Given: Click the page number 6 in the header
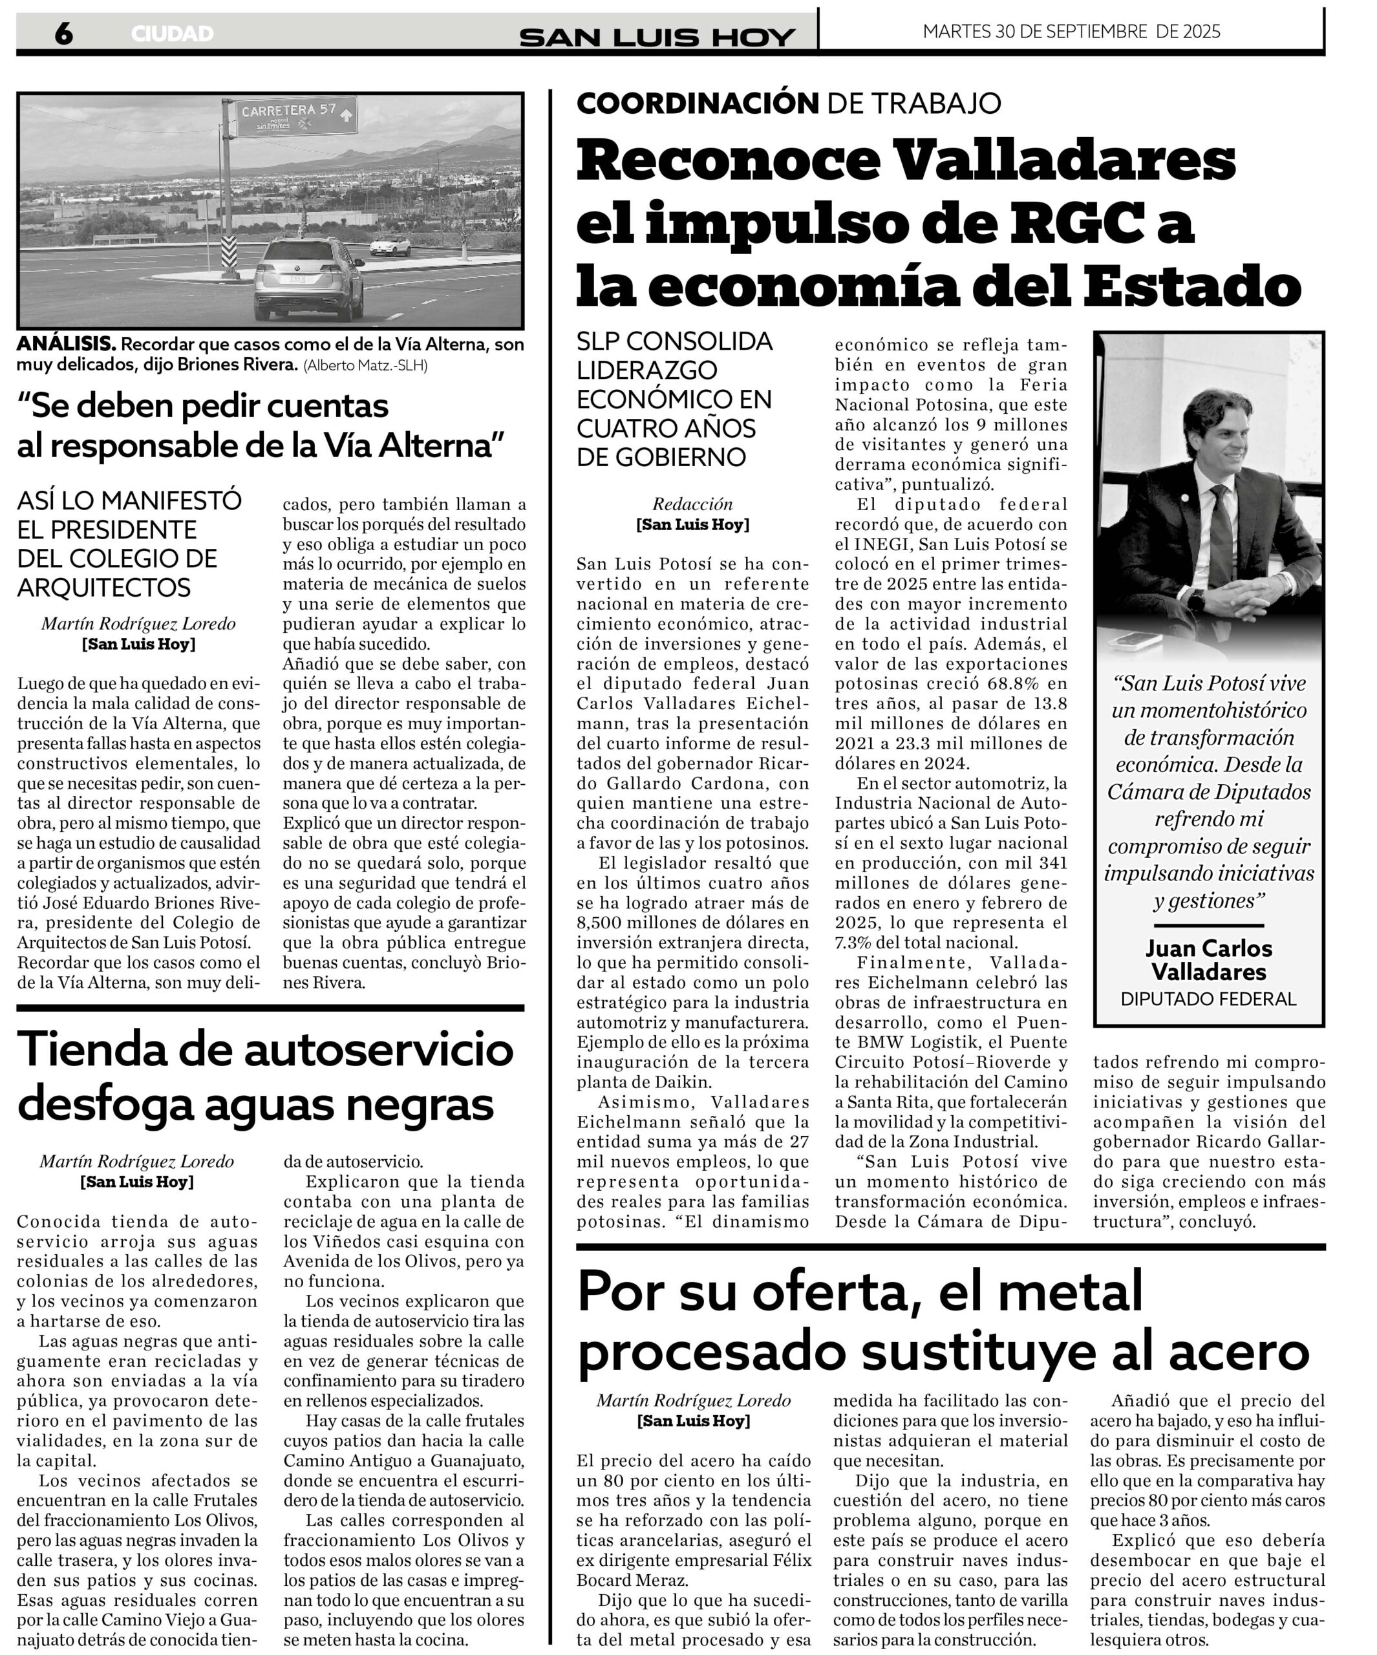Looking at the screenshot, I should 63,33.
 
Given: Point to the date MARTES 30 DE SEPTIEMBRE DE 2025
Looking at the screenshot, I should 1071,32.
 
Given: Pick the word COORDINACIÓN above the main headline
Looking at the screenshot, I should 698,103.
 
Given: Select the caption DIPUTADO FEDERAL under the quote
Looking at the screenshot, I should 1208,999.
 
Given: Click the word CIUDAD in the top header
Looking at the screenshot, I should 172,34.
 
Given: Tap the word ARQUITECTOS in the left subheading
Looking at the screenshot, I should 104,588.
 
